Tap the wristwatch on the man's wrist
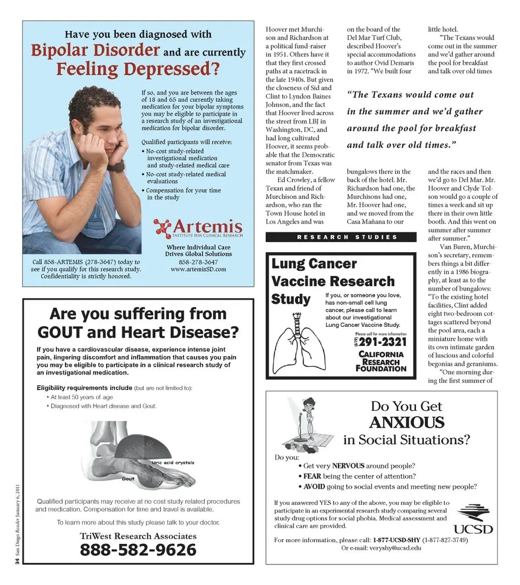point(116,166)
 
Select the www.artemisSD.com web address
point(198,269)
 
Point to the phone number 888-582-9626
point(138,550)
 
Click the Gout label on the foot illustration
point(128,478)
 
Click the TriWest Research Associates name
point(138,536)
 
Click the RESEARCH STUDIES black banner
point(341,237)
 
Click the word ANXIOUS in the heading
point(406,423)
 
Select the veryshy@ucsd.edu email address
point(388,548)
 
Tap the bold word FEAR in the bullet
point(312,476)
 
